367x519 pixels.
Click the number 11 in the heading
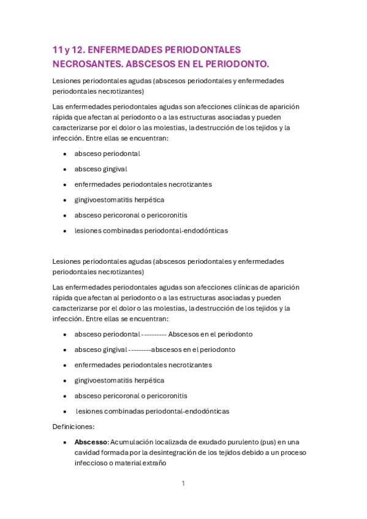point(57,50)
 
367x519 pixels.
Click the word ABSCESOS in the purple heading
point(150,64)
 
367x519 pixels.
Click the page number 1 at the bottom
point(183,484)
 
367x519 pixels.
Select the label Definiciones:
point(74,427)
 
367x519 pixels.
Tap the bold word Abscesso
point(91,442)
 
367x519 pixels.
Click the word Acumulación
point(134,442)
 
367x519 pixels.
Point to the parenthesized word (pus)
point(267,442)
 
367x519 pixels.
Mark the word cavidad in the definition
point(88,453)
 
